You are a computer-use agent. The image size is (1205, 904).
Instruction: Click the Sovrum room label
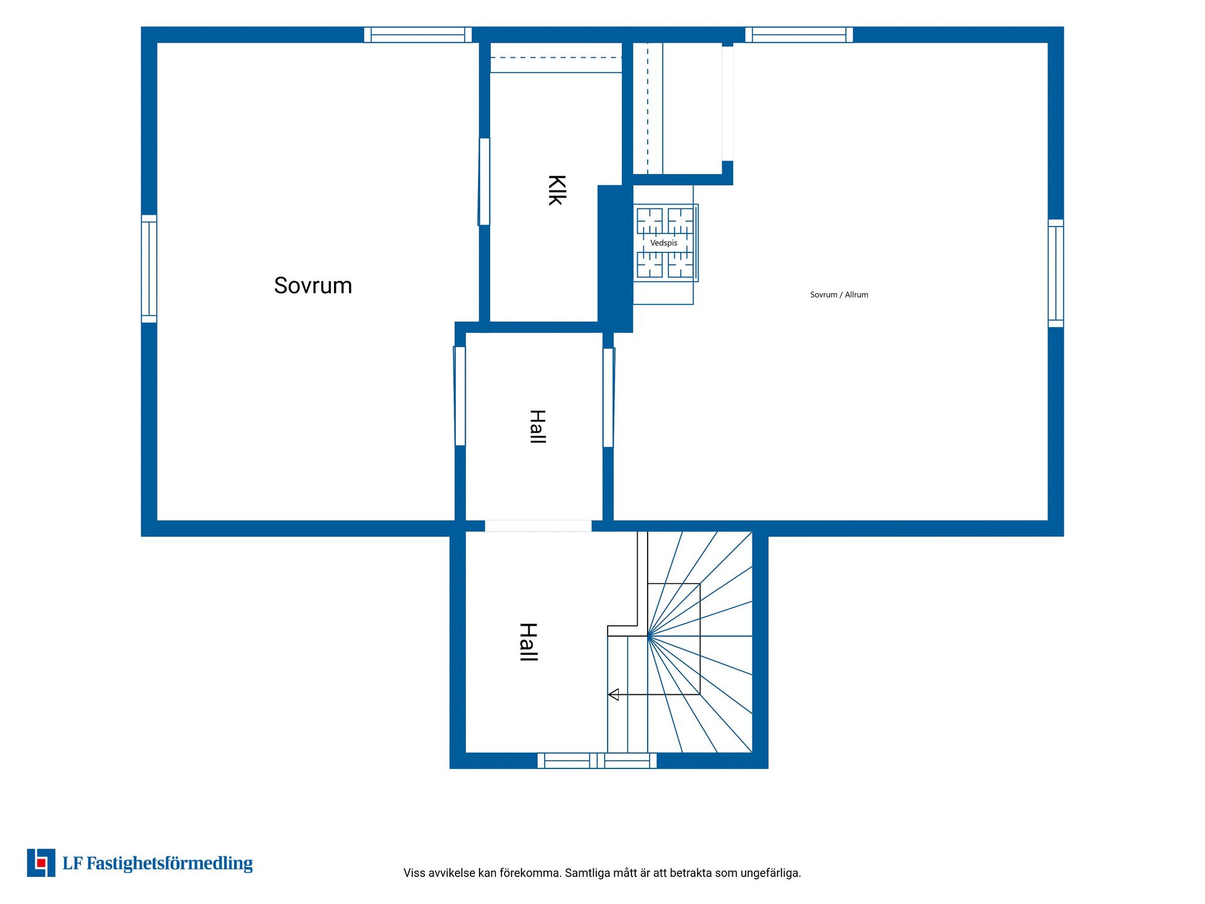pos(313,286)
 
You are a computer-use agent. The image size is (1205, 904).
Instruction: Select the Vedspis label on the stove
pos(663,243)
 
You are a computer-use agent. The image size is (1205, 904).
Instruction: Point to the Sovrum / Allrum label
pos(839,294)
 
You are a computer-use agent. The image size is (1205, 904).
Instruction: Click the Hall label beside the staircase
pos(528,642)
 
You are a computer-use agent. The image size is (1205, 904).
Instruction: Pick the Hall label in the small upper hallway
pos(538,426)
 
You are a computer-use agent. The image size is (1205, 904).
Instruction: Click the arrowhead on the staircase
pos(614,694)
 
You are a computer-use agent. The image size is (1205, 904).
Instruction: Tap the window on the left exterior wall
pos(149,269)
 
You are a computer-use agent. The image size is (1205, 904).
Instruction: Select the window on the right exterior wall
pos(1056,273)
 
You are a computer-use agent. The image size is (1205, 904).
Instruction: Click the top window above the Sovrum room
pos(418,35)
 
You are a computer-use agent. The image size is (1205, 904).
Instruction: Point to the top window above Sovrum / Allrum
pos(799,35)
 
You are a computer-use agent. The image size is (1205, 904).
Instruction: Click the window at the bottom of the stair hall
pos(597,760)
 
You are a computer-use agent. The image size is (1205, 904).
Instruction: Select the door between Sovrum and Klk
pos(484,181)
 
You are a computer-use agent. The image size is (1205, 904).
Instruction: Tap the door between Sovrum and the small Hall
pos(459,396)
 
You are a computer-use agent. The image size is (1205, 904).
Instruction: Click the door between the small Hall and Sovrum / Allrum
pos(608,397)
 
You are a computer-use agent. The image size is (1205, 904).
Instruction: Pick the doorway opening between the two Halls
pos(538,526)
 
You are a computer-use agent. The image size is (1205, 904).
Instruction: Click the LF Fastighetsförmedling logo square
pos(41,863)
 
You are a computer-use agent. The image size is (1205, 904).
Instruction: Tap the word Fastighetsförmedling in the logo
pos(169,864)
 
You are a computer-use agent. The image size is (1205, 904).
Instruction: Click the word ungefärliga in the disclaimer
pos(771,873)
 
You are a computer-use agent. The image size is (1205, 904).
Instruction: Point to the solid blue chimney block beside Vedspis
pos(615,259)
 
